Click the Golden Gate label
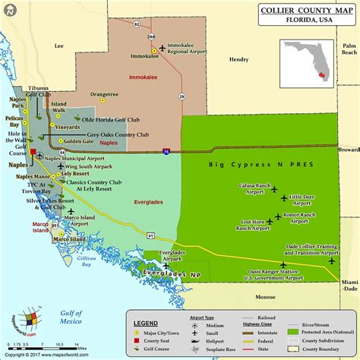pyautogui.click(x=78, y=141)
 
